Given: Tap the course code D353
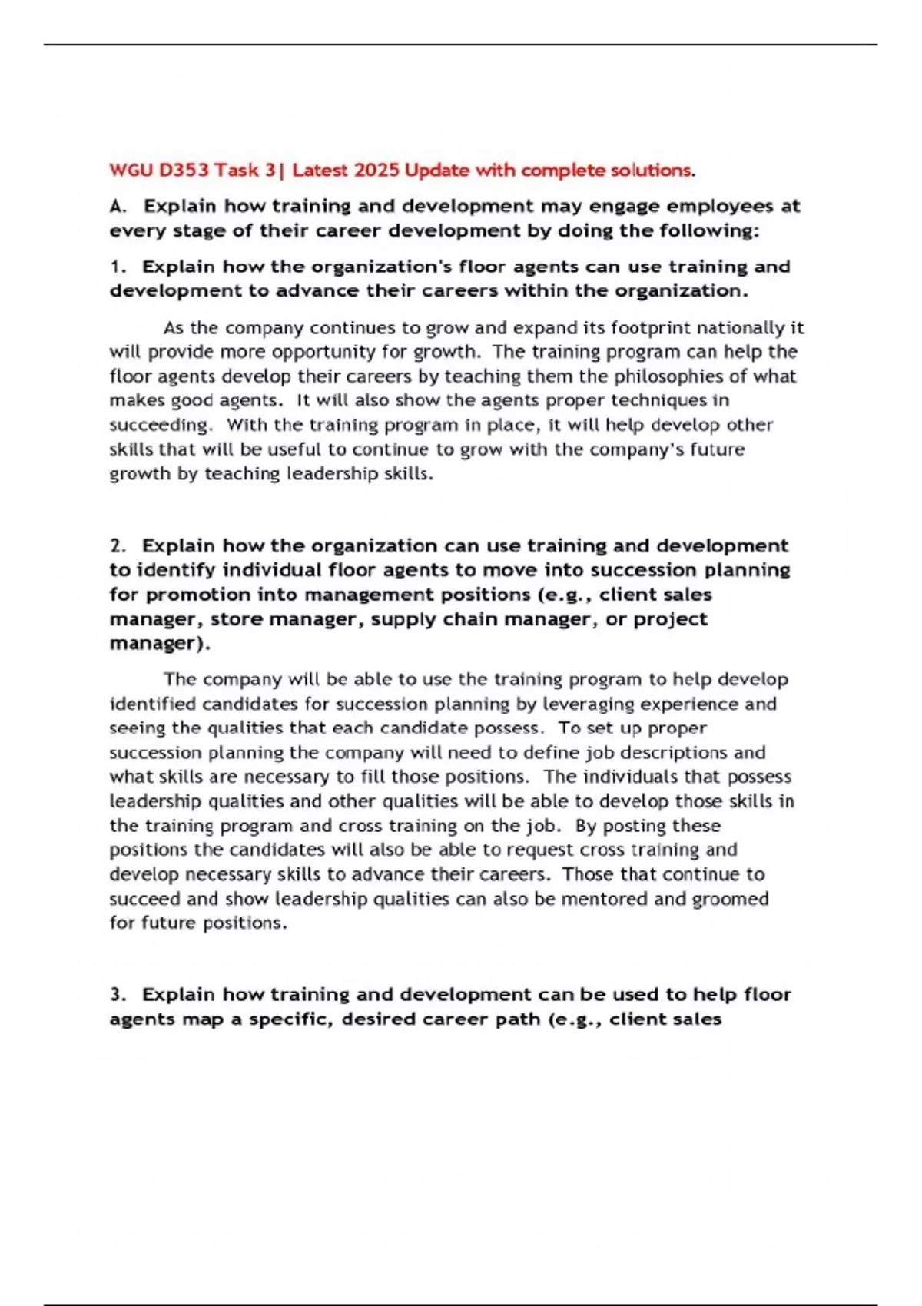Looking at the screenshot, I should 184,170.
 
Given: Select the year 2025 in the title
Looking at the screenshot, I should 376,170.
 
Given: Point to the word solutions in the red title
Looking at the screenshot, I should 650,170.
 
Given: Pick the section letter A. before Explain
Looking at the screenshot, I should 118,206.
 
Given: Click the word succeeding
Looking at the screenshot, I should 159,425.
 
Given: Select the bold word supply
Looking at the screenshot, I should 406,619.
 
